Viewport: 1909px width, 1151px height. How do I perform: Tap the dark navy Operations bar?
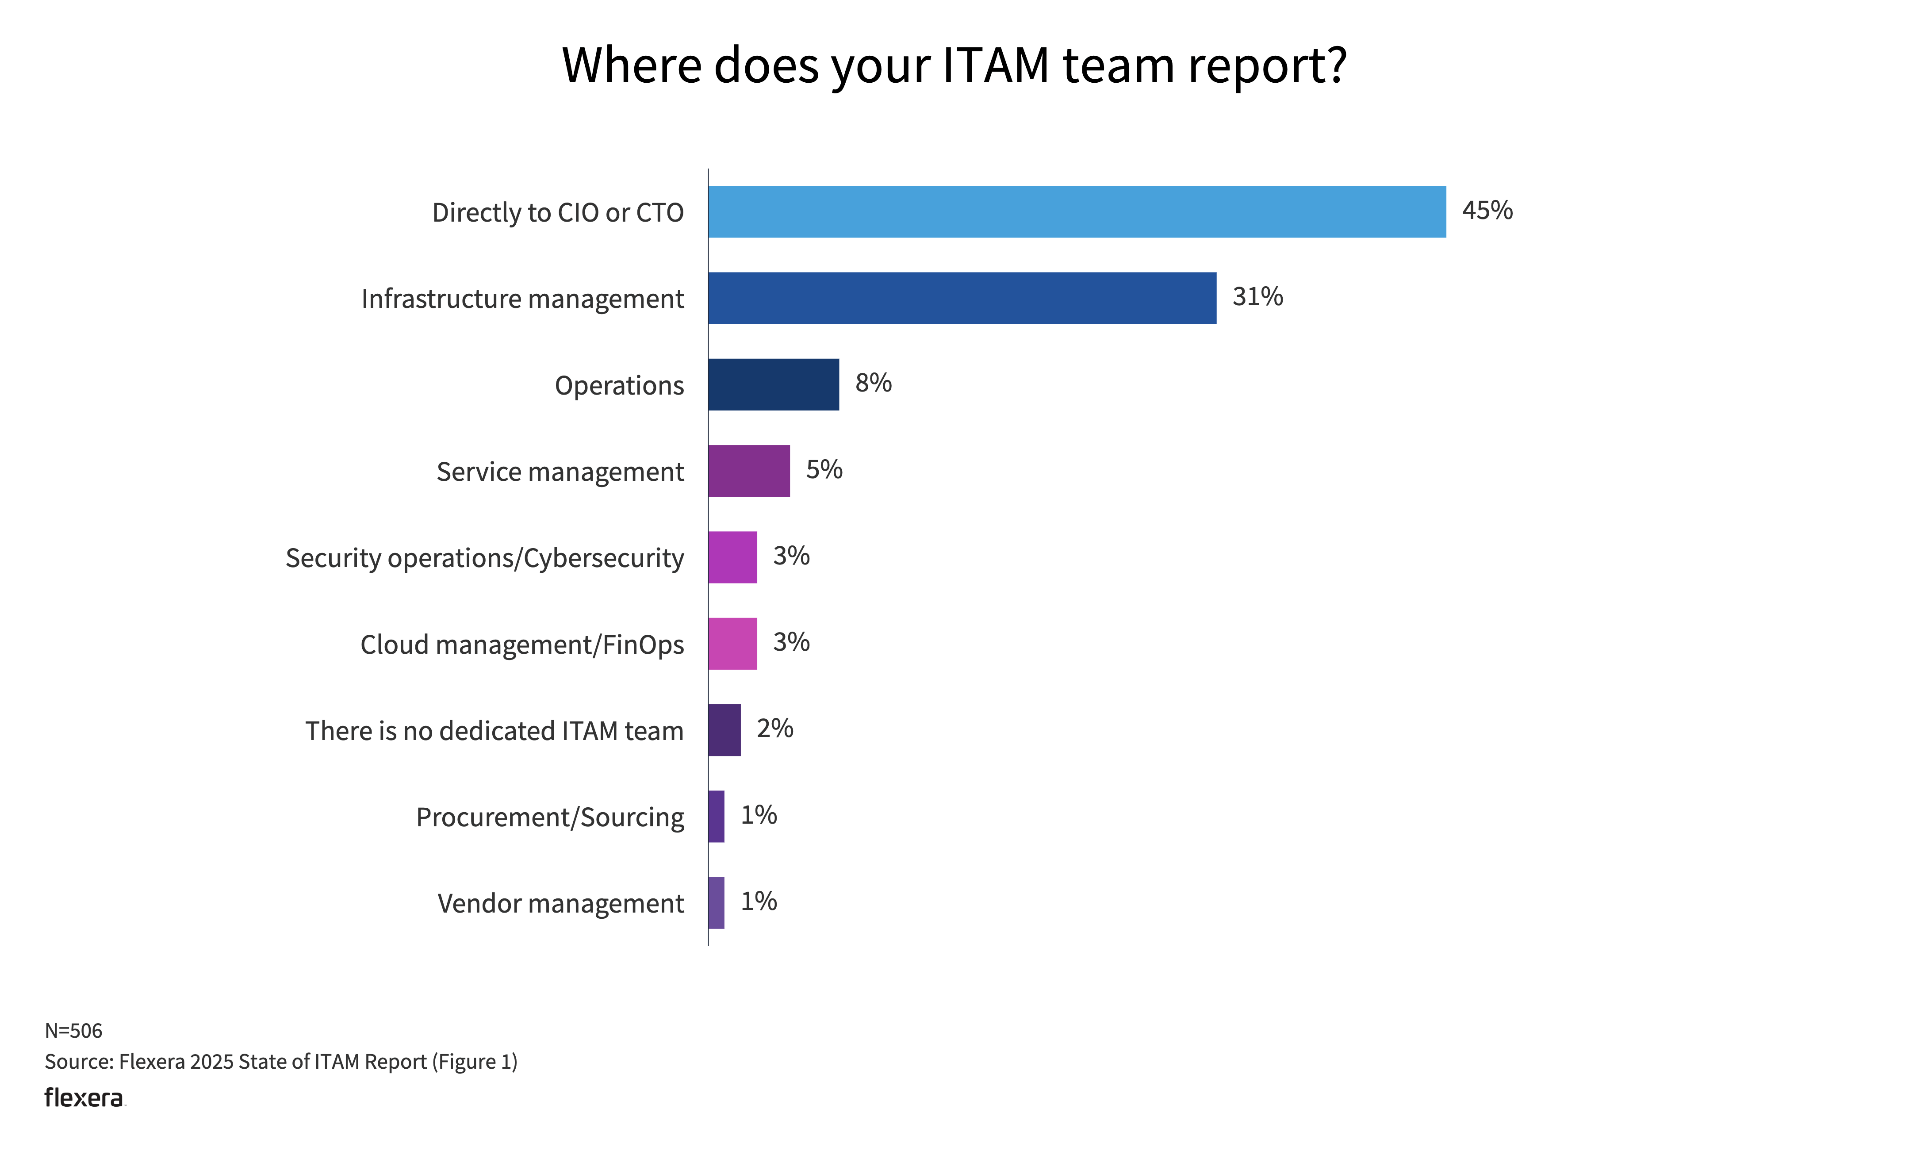[773, 384]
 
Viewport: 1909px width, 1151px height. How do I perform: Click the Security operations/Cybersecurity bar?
[732, 557]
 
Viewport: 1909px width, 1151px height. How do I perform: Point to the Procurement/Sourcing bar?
[716, 816]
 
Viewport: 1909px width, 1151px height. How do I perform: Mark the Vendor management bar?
[716, 902]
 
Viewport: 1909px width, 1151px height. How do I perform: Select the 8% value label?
[873, 383]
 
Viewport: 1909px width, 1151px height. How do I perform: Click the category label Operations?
[619, 385]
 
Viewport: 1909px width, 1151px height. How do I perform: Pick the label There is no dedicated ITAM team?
[494, 731]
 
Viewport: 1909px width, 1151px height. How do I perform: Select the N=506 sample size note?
[73, 1030]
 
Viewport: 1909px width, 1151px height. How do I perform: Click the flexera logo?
[84, 1098]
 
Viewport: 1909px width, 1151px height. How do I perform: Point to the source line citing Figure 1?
[280, 1061]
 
